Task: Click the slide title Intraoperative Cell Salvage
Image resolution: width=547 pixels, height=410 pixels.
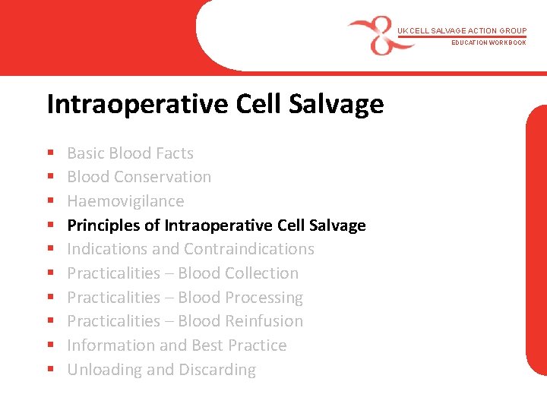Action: [x=215, y=104]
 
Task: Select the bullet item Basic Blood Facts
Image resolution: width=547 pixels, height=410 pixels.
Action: [x=130, y=153]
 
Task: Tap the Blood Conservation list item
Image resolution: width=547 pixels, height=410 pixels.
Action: [x=139, y=177]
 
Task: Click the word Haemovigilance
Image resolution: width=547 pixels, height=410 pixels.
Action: [x=125, y=201]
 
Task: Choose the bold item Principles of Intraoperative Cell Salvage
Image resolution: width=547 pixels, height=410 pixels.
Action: [x=217, y=225]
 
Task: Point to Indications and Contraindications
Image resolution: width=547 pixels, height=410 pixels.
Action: [x=191, y=249]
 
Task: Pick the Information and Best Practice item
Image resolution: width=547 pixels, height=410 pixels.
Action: [x=177, y=345]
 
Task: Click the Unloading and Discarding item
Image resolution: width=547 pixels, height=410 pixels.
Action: [x=161, y=370]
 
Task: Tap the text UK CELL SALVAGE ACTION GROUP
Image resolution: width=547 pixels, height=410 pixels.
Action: [x=461, y=31]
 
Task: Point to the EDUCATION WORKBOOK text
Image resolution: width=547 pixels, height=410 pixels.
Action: [x=489, y=43]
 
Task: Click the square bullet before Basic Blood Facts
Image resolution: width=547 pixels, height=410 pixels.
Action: [x=49, y=154]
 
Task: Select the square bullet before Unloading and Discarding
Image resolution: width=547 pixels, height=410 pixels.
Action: [x=49, y=371]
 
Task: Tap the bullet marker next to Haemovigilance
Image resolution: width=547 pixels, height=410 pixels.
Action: [x=49, y=202]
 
